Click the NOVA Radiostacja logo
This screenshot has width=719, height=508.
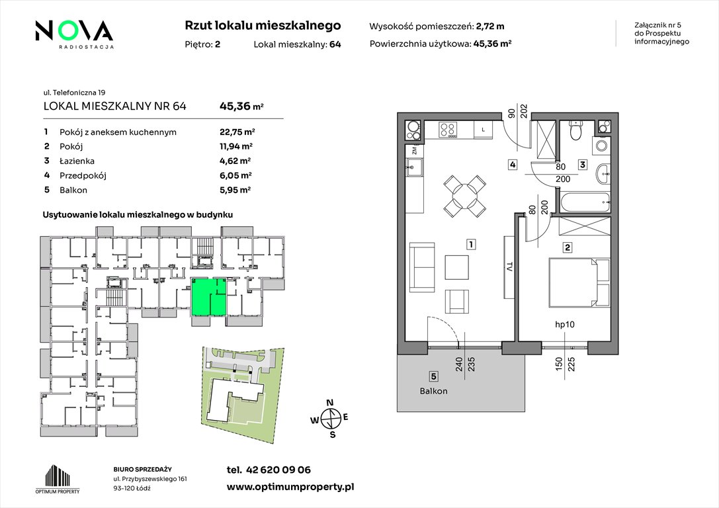pyautogui.click(x=74, y=34)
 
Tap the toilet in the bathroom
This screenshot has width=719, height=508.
pyautogui.click(x=575, y=130)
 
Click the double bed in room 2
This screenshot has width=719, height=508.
pyautogui.click(x=579, y=282)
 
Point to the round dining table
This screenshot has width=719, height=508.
pyautogui.click(x=464, y=196)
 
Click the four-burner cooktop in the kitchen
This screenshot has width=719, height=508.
pyautogui.click(x=448, y=129)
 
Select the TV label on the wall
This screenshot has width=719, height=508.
pyautogui.click(x=509, y=267)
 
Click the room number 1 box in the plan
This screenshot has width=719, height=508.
pyautogui.click(x=470, y=244)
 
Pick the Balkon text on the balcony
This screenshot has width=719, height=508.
pyautogui.click(x=433, y=391)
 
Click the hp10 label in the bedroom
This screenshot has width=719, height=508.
pyautogui.click(x=564, y=325)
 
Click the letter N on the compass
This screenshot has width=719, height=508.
pyautogui.click(x=329, y=403)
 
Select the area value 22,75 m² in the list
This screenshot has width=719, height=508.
pyautogui.click(x=237, y=132)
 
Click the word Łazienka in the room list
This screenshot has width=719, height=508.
pyautogui.click(x=77, y=161)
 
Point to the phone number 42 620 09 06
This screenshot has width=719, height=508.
pyautogui.click(x=278, y=470)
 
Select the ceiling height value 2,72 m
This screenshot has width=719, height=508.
pyautogui.click(x=490, y=26)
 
